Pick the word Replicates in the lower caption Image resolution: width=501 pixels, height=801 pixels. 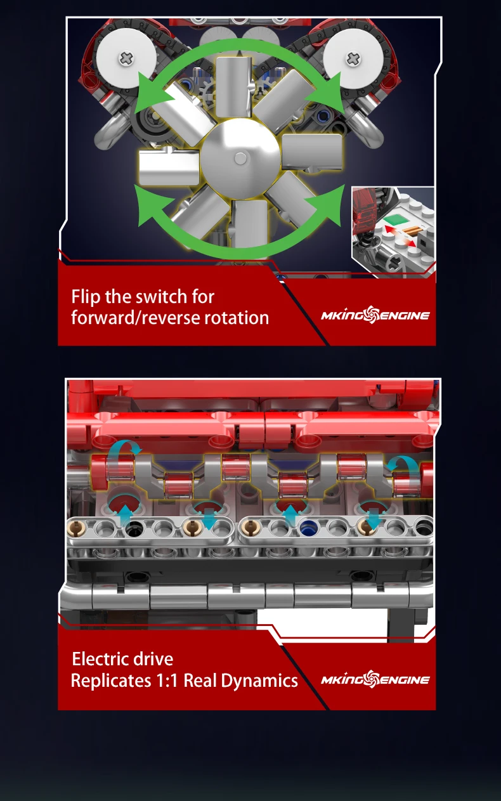click(x=111, y=681)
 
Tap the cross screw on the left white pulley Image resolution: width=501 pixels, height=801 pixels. click(x=126, y=58)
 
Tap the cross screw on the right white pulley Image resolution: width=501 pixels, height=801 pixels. click(x=353, y=58)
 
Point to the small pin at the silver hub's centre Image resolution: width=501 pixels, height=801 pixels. click(x=240, y=158)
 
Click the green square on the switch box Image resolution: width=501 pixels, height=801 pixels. click(x=393, y=219)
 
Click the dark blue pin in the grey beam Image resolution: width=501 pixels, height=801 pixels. click(x=307, y=528)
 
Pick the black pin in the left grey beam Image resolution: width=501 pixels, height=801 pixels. click(x=134, y=527)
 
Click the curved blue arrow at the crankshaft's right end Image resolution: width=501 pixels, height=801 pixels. click(x=403, y=465)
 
